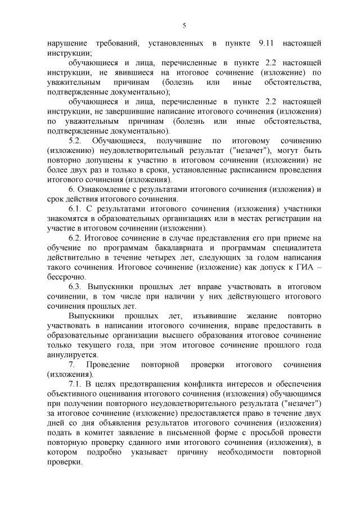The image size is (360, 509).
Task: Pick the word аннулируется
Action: pyautogui.click(x=74, y=355)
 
